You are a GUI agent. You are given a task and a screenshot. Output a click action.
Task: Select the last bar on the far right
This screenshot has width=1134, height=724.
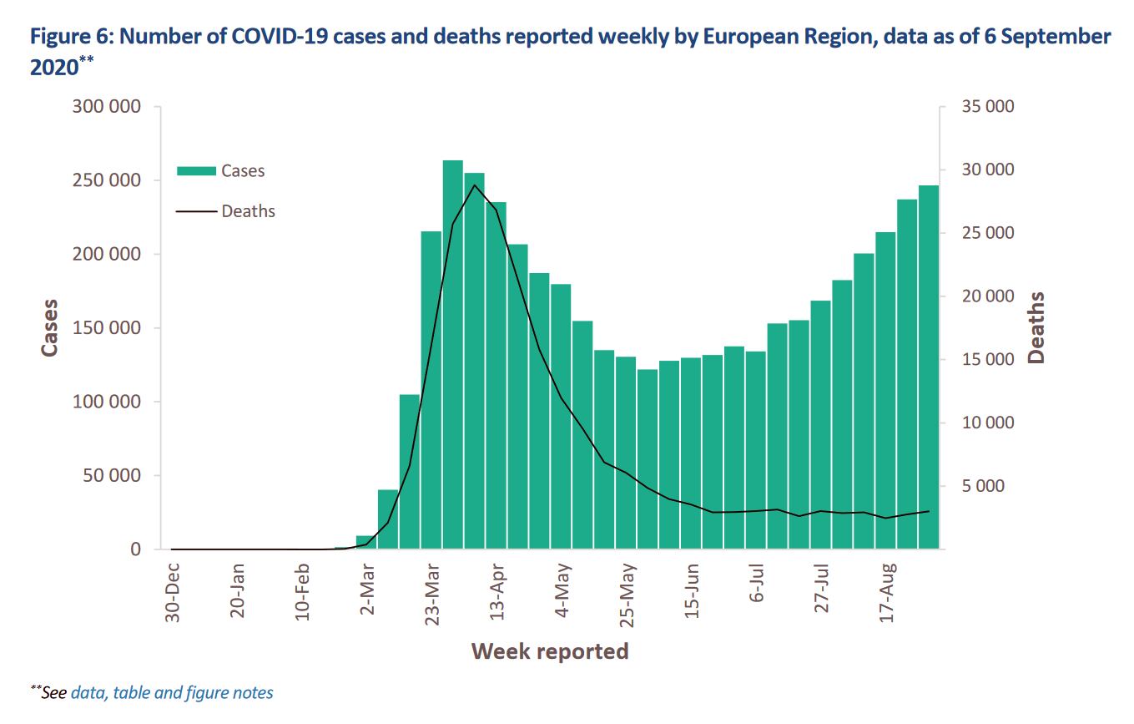[x=929, y=367]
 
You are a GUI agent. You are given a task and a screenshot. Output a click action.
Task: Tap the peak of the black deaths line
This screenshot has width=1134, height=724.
[x=474, y=185]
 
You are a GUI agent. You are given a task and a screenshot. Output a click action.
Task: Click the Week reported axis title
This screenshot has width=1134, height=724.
[x=549, y=651]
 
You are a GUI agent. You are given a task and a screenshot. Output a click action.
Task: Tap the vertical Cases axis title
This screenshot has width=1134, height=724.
[x=50, y=327]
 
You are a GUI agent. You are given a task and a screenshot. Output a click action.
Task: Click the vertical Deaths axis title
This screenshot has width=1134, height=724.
[x=1036, y=327]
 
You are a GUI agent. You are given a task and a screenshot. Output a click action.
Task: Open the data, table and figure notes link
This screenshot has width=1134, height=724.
[x=172, y=692]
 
